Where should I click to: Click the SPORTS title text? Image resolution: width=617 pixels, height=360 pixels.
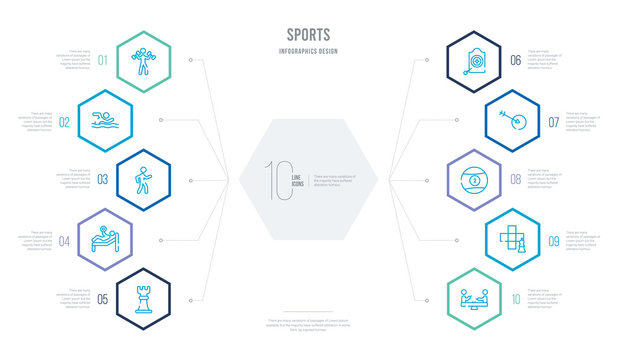click(x=308, y=34)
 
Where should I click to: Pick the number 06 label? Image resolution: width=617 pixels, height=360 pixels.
click(x=516, y=60)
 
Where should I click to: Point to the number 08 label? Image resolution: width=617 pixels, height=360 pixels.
click(x=516, y=179)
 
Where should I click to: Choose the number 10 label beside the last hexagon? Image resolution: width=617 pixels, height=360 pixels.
click(x=516, y=297)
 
